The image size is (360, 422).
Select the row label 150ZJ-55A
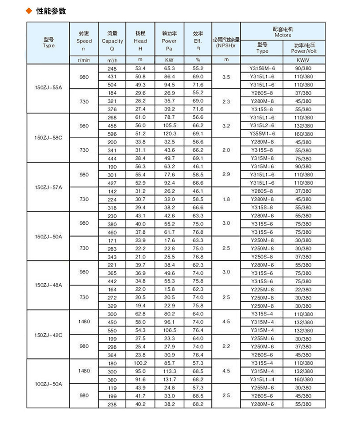[x=49, y=89]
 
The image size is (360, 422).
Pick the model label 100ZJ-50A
[x=49, y=384]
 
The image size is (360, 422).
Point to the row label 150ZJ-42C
[x=49, y=335]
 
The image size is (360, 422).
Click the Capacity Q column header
[x=112, y=41]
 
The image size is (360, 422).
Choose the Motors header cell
[x=282, y=31]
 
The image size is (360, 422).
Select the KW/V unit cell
[x=303, y=60]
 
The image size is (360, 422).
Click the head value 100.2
[x=141, y=363]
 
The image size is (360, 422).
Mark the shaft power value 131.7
[x=169, y=380]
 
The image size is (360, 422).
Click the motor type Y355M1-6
[x=262, y=134]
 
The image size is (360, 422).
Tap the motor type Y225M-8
[x=262, y=289]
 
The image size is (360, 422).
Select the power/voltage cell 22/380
[x=303, y=289]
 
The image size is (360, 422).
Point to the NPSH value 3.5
[x=226, y=77]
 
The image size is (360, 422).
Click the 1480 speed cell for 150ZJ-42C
[x=84, y=322]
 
